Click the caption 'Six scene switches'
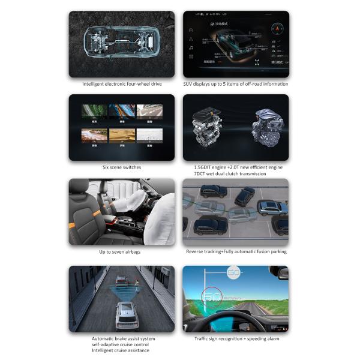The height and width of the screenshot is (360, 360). [122, 167]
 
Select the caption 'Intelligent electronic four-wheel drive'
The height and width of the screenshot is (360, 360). [122, 84]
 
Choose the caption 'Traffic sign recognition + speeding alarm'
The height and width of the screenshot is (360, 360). [236, 338]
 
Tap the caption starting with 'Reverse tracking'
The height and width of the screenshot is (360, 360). [235, 251]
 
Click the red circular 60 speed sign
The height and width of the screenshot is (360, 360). [212, 295]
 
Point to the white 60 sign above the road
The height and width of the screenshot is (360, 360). [233, 274]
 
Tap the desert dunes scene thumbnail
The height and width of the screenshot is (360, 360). [99, 135]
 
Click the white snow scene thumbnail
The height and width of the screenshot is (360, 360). [149, 135]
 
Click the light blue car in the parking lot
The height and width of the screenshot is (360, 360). [271, 207]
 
